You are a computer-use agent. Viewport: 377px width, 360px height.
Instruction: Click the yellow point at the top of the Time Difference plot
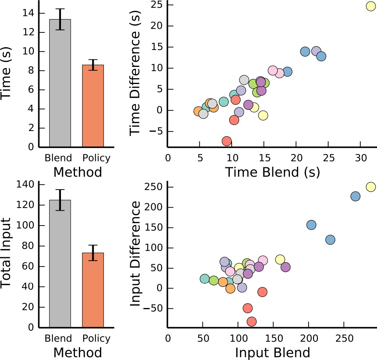pos(370,6)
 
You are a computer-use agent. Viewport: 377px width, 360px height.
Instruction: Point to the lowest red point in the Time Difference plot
pos(227,141)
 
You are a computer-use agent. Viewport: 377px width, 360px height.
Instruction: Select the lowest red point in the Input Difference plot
pos(252,321)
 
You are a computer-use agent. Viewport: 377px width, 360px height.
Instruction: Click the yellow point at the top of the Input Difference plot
pos(370,187)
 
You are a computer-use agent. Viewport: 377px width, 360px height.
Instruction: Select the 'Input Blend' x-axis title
pos(272,352)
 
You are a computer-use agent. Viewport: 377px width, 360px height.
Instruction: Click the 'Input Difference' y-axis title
pos(135,254)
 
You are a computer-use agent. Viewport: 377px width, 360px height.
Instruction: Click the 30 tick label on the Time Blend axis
pos(360,158)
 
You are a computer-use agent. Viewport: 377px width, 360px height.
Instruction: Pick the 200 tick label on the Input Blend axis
pos(308,338)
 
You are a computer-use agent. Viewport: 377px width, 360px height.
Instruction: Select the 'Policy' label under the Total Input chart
pos(96,338)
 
